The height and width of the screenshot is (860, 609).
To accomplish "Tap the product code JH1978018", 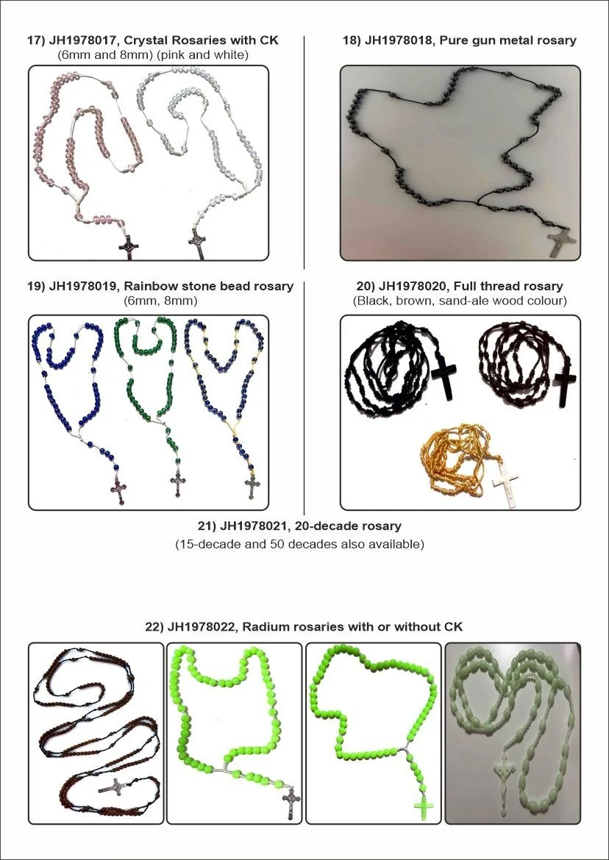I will tap(397, 40).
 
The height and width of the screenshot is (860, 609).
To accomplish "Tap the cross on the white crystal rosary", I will tap(197, 245).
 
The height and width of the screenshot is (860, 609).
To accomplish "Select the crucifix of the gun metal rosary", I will tap(563, 242).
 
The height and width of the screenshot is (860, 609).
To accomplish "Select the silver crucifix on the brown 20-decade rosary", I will tap(112, 786).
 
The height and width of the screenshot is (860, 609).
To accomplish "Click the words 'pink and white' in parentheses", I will tap(221, 54).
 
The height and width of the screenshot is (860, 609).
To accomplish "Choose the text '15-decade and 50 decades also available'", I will tap(299, 545).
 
